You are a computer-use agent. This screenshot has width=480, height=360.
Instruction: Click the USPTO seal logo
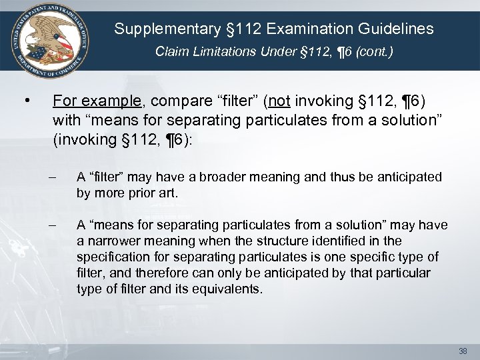click(x=47, y=38)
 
